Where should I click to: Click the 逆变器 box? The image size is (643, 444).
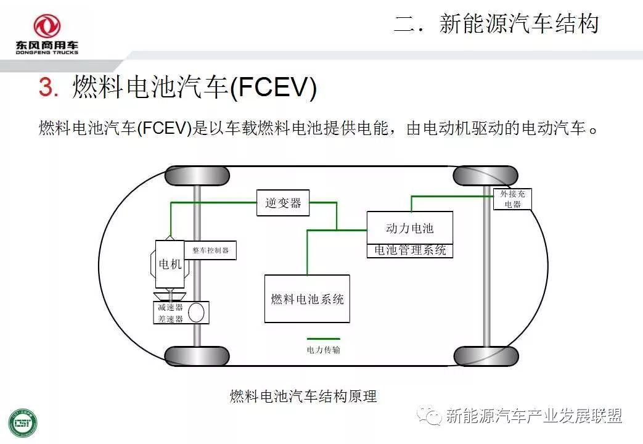coord(283,203)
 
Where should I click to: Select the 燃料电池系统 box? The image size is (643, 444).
coord(307,299)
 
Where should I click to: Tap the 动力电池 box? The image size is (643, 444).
coord(410,228)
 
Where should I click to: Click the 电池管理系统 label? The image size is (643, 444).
coord(410,251)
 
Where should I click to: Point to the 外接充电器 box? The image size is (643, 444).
coord(512,199)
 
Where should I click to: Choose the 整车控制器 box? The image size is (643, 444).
coord(210,250)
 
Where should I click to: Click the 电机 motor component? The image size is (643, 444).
coord(170,264)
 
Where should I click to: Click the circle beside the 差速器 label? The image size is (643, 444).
coord(197,312)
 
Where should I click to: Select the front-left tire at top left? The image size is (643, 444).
coord(197,176)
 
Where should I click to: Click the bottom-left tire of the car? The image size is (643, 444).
coord(197,356)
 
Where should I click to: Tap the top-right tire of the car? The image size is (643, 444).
coord(485,176)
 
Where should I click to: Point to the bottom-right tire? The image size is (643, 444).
coord(485,356)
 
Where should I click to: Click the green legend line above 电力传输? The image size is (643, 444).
coord(324,339)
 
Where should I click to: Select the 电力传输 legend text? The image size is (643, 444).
coord(324,350)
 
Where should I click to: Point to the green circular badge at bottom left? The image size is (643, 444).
coord(23,423)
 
